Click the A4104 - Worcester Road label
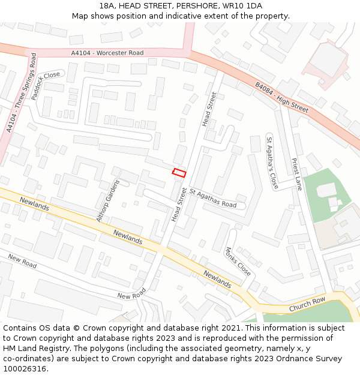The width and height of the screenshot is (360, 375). (x=108, y=53)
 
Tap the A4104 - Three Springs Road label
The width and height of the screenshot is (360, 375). (x=20, y=93)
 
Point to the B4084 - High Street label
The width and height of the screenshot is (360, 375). (x=281, y=98)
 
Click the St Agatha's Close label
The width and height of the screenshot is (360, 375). (x=272, y=162)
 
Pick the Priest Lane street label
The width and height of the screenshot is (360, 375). (x=296, y=173)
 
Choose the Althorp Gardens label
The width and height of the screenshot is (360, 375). (x=108, y=200)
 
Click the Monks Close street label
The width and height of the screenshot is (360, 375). (x=238, y=261)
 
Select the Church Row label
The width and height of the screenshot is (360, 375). (x=307, y=304)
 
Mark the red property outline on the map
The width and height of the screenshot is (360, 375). (x=179, y=173)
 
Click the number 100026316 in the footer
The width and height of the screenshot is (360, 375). (x=26, y=369)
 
